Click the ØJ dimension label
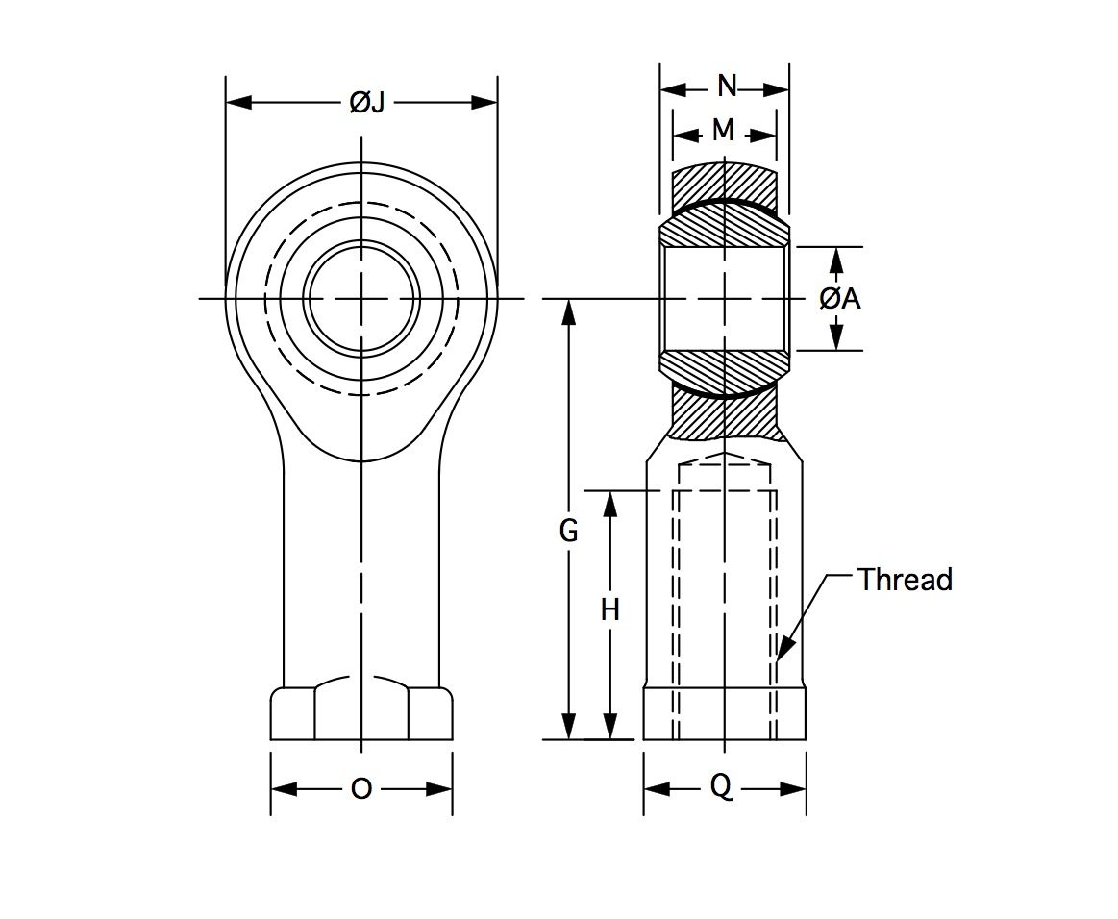point(367,104)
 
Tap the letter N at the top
point(727,87)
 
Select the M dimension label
point(723,130)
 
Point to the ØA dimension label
point(840,299)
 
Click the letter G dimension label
point(568,532)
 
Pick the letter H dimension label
point(609,610)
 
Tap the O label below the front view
point(361,788)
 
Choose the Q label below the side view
point(721,787)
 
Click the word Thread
point(905,580)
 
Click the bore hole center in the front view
point(361,298)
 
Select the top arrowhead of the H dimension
point(609,505)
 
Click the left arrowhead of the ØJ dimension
point(238,104)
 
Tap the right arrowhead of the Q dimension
point(793,788)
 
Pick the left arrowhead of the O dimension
point(284,788)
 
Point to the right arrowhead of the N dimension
point(776,89)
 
